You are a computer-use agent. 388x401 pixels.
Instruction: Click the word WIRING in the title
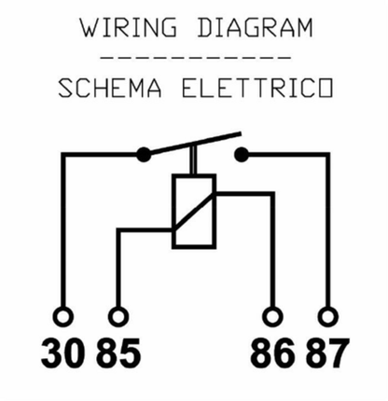tap(129, 28)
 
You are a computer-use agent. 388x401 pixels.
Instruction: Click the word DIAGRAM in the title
tap(255, 28)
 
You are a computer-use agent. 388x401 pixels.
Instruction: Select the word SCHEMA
tap(110, 88)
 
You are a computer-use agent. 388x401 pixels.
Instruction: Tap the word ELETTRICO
tap(257, 88)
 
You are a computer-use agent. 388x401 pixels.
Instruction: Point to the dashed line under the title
tap(196, 58)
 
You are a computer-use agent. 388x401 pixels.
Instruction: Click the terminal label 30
tap(63, 353)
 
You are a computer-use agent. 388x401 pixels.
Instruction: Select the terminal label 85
tap(118, 353)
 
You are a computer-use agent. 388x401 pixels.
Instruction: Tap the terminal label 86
tap(272, 353)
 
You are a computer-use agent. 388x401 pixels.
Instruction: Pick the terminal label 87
tap(327, 353)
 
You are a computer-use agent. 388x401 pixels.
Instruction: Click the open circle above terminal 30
tap(63, 308)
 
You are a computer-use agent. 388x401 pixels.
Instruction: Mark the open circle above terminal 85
tap(118, 308)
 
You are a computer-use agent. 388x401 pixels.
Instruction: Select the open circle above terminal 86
tap(272, 308)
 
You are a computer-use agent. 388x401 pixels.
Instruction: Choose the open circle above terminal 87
tap(328, 308)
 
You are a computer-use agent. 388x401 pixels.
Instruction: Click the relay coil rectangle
tap(173, 212)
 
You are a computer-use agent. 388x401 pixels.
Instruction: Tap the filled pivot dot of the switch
tap(144, 154)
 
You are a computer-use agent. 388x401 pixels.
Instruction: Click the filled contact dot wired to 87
tap(242, 155)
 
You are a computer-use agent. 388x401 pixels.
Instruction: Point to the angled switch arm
tap(193, 144)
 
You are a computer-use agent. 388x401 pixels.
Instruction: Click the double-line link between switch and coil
tap(193, 159)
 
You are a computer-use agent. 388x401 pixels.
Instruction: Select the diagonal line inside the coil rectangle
tap(194, 211)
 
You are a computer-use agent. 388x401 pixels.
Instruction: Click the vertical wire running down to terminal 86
tap(272, 250)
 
